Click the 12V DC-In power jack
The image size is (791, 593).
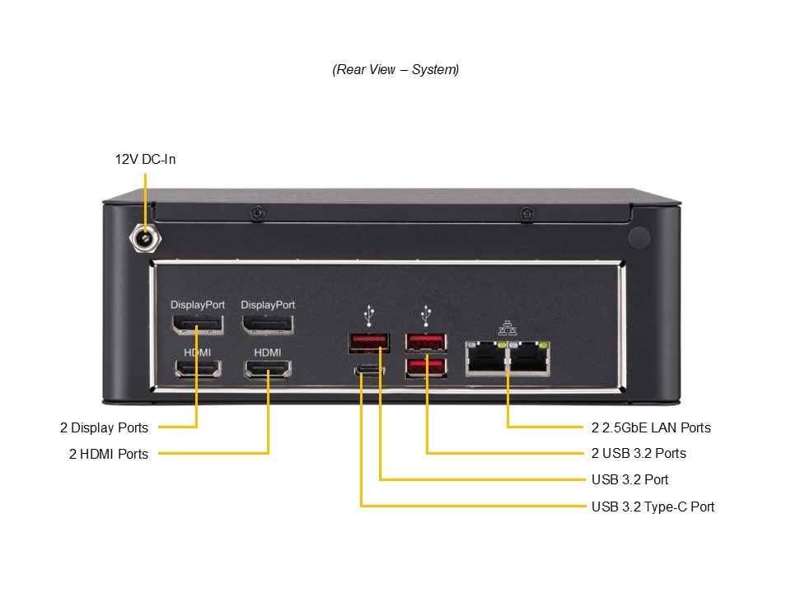point(145,239)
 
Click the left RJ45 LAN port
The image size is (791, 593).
point(486,358)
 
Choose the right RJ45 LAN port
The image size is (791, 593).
point(530,358)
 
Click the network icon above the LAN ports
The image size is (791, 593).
point(507,328)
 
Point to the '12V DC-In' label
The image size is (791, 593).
point(145,159)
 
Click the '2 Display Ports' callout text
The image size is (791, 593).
point(104,427)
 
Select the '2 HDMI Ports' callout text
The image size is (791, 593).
point(109,454)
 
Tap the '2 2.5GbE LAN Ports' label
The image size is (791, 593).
point(651,427)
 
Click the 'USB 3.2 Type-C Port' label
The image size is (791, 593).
point(653,507)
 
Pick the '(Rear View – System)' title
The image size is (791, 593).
point(395,69)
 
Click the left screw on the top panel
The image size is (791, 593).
point(258,213)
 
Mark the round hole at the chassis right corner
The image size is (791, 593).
point(639,238)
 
